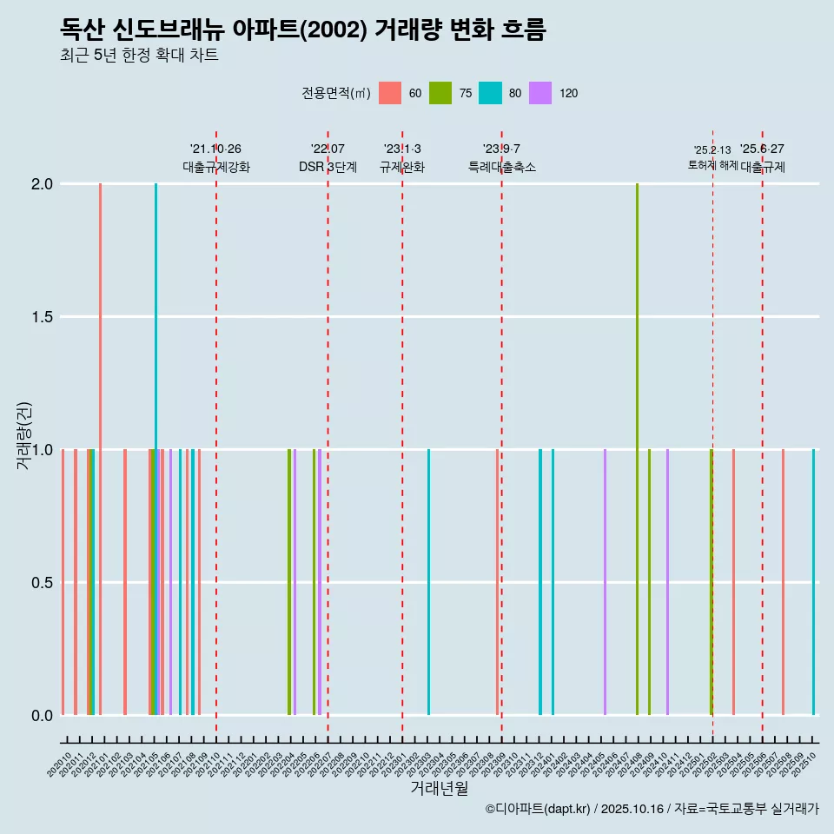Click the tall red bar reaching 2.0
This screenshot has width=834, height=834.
(101, 448)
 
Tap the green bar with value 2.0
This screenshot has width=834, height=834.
(637, 448)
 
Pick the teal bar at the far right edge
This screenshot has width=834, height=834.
(813, 582)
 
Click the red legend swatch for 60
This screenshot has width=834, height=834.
(390, 93)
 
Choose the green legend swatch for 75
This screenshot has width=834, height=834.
(440, 93)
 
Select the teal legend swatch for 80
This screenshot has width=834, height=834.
(491, 93)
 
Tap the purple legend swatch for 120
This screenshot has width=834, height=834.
(540, 93)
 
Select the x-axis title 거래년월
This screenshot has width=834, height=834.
(439, 788)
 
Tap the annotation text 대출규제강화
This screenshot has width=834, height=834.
(215, 167)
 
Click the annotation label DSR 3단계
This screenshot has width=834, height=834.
(328, 167)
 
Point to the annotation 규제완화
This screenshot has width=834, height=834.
(401, 167)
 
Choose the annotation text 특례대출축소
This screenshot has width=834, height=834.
(501, 167)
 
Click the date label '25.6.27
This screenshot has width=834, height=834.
(762, 149)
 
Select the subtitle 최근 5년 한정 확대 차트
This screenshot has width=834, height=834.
(139, 56)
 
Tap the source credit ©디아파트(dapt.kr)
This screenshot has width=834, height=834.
(539, 809)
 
